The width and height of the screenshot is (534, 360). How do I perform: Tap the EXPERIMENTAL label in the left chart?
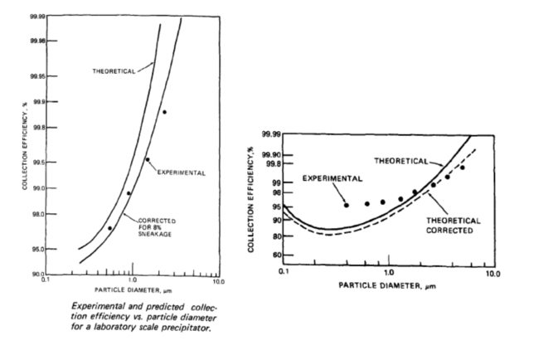(x=179, y=172)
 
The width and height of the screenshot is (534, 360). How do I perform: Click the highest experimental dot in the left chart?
(x=164, y=112)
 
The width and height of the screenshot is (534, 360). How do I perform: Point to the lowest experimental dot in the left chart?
(x=109, y=228)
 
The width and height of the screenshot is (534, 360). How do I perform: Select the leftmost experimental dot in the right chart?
(x=346, y=204)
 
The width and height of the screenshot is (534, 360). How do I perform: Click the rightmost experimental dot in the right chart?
(x=462, y=168)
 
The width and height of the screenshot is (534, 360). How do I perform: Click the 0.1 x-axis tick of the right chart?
(x=284, y=272)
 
